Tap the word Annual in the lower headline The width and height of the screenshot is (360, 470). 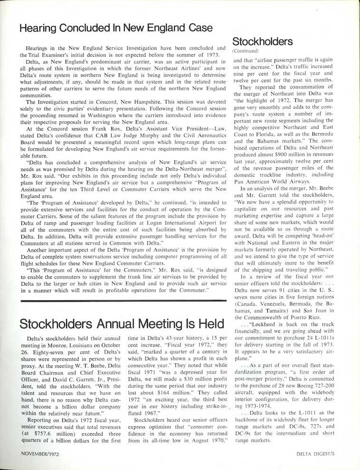tap(121, 324)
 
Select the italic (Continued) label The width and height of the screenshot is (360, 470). tap(245, 50)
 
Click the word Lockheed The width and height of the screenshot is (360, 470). tap(267, 325)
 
